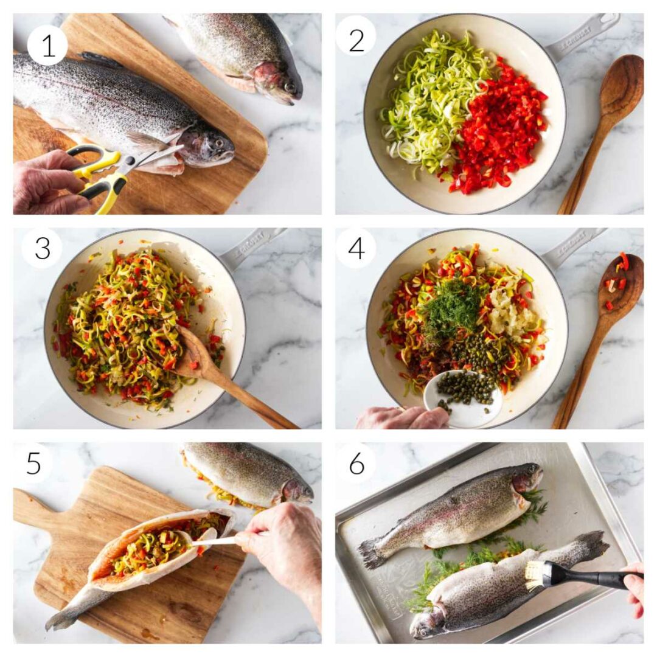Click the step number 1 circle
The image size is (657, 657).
coord(47,45)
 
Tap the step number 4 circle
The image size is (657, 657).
coord(356,248)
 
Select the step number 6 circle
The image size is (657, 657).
coord(356,464)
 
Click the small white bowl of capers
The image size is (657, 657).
coord(465,395)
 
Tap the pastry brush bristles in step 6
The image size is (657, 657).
coord(536,575)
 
